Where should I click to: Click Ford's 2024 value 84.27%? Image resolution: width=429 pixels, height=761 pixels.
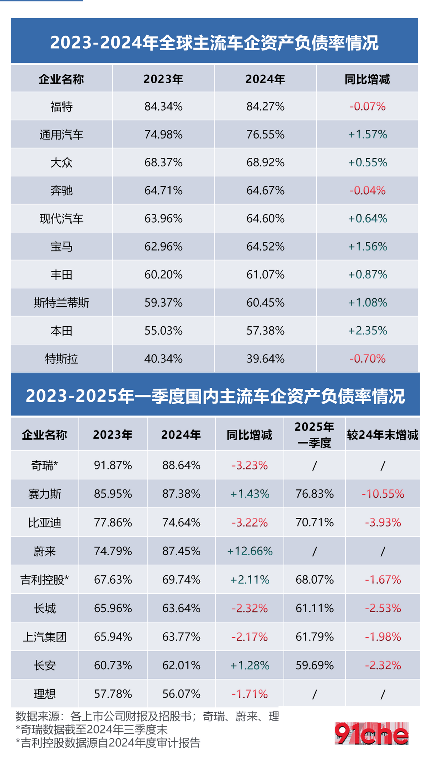coord(265,107)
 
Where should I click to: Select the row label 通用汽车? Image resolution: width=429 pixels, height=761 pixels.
coord(61,135)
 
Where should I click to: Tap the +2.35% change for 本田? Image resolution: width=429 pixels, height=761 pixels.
coord(368,331)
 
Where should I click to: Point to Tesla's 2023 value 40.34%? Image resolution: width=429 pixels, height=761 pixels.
coord(163,358)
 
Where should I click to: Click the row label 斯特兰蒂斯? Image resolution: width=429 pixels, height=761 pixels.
coord(61,303)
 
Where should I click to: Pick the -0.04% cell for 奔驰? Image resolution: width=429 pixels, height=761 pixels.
coord(368,190)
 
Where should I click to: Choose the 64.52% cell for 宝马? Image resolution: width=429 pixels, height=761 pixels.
coord(265,247)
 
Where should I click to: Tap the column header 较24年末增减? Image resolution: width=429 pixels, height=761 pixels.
coord(383,435)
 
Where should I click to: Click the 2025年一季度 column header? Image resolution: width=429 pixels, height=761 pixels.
coord(314,435)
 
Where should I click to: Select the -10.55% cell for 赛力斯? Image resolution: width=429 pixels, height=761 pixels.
coord(383,494)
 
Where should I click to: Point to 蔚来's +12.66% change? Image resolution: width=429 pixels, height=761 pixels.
coord(250,551)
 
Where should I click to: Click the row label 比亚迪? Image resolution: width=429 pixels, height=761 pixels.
coord(45,523)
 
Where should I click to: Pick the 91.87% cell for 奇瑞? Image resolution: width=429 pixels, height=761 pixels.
coord(113,465)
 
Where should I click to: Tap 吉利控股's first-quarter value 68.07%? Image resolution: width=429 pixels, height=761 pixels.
coord(315,580)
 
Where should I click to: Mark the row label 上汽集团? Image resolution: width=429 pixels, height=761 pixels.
coord(45,637)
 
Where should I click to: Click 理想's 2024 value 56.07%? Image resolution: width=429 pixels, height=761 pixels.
coord(181,694)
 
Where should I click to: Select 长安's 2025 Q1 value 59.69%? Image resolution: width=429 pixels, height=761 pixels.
coord(315,665)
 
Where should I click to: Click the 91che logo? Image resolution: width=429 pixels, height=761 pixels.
coord(371,733)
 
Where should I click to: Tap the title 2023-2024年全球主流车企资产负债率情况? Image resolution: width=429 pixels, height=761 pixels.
coord(214,43)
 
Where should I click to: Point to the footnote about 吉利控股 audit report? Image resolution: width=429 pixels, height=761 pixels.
coord(108,743)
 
